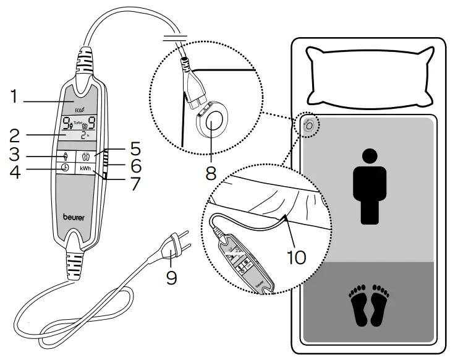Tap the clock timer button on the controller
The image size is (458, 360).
[64, 167]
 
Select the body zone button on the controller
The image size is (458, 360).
[64, 156]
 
